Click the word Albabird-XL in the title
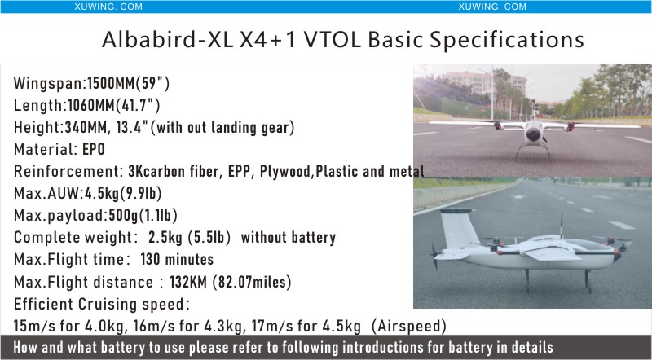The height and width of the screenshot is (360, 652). point(167,40)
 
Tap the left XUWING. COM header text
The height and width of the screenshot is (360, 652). point(108,7)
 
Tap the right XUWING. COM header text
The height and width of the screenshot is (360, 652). point(492,7)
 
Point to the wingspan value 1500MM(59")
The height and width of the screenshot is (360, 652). point(129,84)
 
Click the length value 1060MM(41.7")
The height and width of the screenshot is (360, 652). point(113,106)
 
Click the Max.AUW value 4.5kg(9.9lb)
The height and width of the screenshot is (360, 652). point(123,193)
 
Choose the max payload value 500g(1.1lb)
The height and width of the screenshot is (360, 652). point(143,215)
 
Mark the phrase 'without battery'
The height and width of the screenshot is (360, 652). point(289,237)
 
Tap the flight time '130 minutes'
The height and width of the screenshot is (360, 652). point(177,259)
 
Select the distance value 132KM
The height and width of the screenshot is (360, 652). point(188,282)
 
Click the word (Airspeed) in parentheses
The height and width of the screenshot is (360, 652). point(409,327)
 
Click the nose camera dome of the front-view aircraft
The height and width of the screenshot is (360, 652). point(533,134)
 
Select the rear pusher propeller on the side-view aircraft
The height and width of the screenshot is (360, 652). point(434,257)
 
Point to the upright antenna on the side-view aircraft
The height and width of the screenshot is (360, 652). point(562,226)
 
